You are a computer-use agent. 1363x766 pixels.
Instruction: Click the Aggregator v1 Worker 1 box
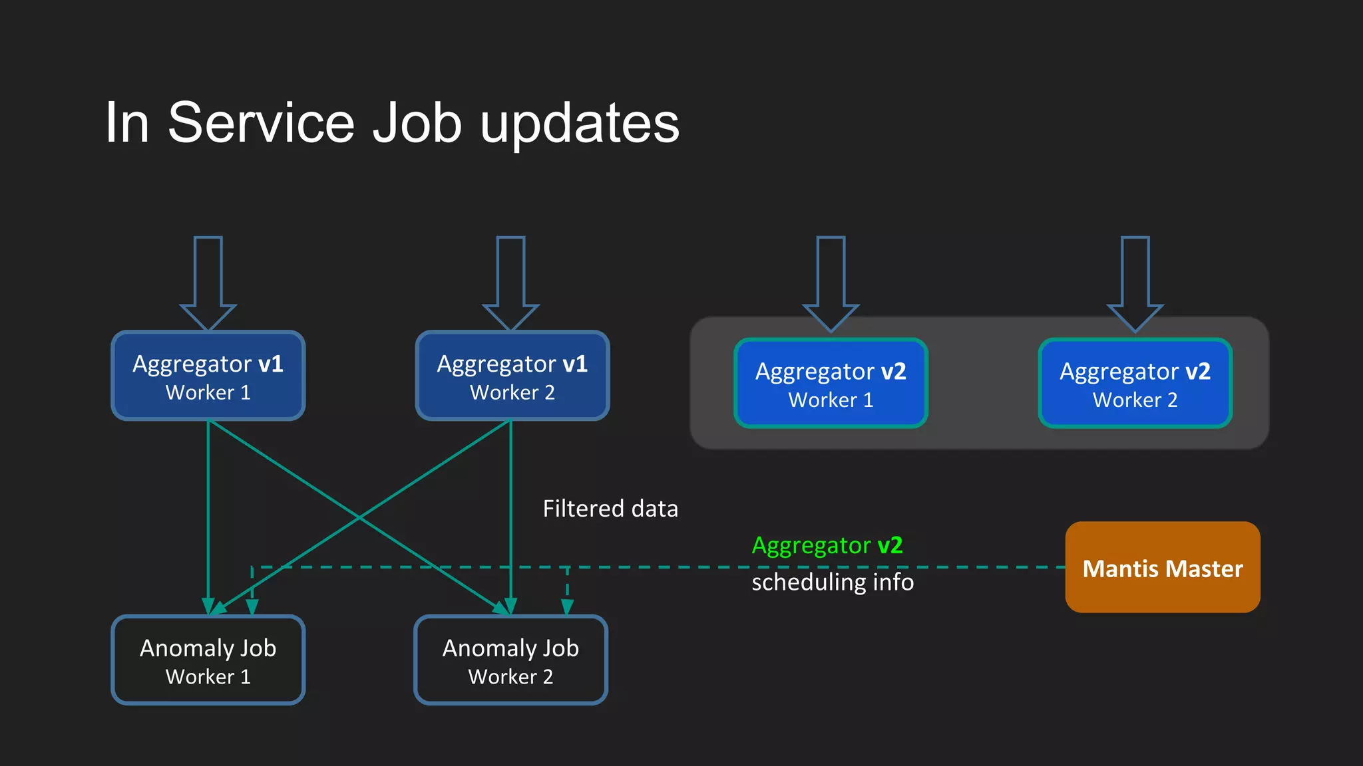point(208,376)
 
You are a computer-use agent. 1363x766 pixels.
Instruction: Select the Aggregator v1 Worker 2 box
point(512,376)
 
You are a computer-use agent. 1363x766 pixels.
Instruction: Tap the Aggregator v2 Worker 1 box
point(831,384)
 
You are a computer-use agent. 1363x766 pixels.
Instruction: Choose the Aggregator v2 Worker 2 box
point(1135,384)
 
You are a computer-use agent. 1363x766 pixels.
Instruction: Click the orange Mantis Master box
point(1163,567)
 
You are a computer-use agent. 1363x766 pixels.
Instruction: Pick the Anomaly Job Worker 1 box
point(208,660)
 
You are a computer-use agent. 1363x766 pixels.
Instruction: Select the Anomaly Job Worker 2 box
point(510,660)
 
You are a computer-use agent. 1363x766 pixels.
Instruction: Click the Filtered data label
point(610,509)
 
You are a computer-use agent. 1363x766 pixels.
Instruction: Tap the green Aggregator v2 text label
point(827,545)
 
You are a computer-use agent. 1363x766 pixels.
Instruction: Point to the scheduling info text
point(832,582)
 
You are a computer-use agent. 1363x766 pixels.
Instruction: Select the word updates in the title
point(579,124)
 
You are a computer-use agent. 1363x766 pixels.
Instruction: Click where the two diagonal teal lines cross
point(359,517)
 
